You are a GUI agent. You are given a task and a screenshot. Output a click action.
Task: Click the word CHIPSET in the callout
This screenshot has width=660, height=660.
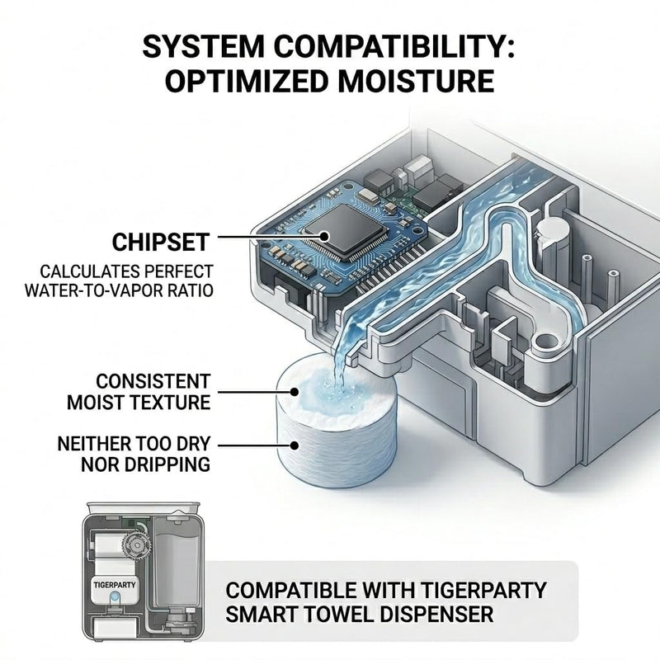pos(161,242)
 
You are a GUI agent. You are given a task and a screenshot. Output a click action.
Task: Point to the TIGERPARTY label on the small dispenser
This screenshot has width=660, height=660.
pos(115,585)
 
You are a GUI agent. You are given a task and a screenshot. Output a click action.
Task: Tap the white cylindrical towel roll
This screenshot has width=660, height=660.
pos(336,421)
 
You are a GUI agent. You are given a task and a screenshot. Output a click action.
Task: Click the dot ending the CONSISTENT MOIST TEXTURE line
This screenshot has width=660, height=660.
pos(295,393)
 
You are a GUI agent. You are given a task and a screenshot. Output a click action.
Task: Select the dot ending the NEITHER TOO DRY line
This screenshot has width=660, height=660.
pos(295,445)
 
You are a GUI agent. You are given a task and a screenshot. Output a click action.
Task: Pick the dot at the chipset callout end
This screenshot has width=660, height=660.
pos(324,237)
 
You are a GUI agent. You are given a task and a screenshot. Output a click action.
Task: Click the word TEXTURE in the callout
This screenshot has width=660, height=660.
pos(169,403)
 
